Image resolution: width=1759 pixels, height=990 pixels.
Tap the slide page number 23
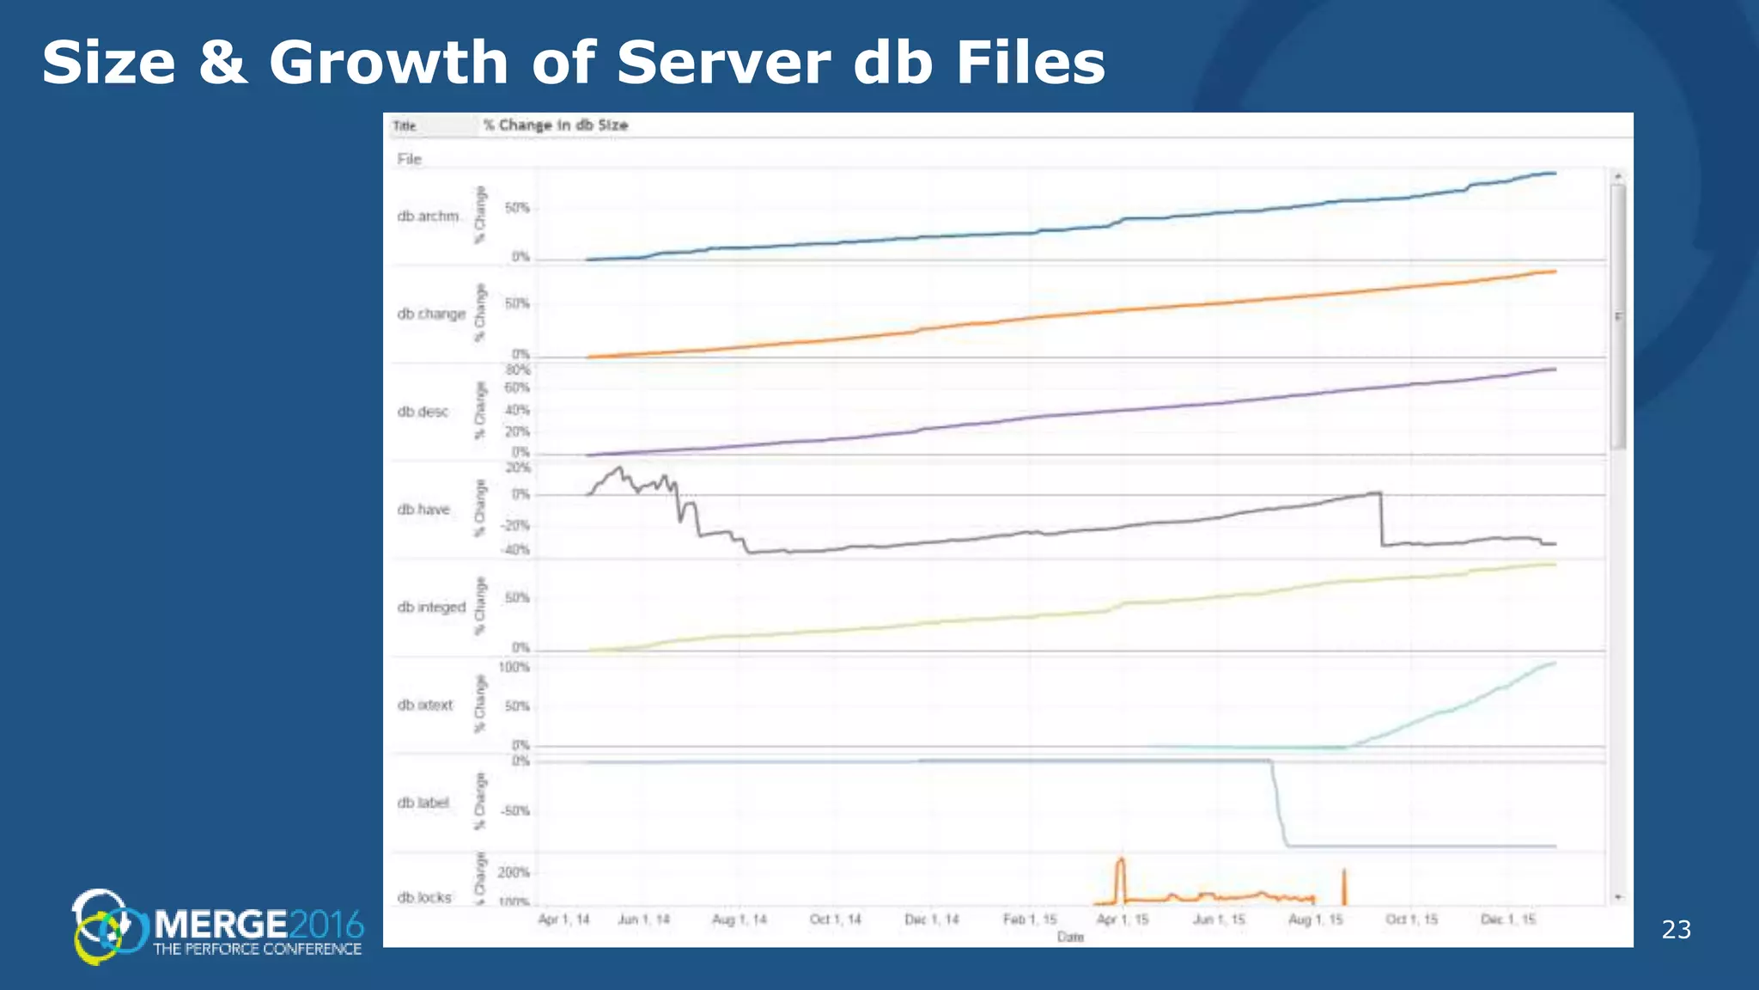point(1676,929)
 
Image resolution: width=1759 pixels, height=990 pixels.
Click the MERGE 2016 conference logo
point(218,926)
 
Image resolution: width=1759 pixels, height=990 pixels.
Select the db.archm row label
point(428,216)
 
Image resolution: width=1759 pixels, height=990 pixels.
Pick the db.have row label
point(423,510)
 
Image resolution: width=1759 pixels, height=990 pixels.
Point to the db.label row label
point(423,803)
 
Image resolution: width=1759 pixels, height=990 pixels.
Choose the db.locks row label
point(424,897)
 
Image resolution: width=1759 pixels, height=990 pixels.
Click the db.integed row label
point(431,608)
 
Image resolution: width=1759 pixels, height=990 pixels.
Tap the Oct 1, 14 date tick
point(835,920)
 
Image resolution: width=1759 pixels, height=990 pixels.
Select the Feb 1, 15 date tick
point(1030,920)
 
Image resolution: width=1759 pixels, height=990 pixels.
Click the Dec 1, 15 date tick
point(1508,920)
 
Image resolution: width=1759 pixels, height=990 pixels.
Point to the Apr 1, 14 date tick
point(563,920)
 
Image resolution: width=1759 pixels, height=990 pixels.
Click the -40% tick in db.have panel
point(516,550)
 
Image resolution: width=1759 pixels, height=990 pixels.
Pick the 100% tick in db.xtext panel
point(514,667)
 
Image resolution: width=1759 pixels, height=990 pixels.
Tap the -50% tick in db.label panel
point(515,810)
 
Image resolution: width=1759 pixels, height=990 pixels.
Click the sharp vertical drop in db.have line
point(1381,520)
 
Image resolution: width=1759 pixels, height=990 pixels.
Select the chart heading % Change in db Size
point(555,125)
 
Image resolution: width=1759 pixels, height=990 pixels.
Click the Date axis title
point(1070,937)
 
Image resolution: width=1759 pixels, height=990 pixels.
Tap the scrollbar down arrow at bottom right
point(1618,897)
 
